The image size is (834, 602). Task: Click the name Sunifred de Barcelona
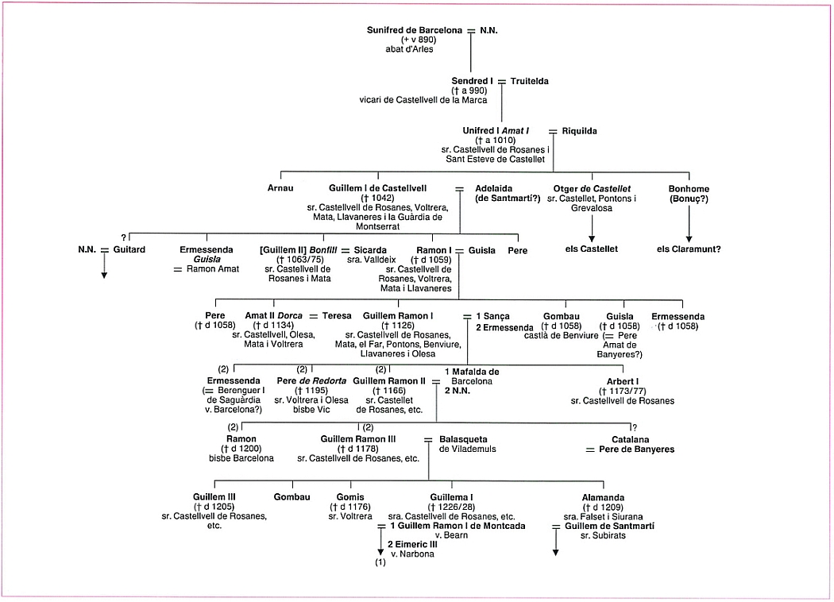click(x=414, y=30)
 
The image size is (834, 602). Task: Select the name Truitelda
click(x=530, y=81)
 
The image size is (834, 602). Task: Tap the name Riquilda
click(x=579, y=131)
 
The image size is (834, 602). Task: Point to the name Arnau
click(x=280, y=188)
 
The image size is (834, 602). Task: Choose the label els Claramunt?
click(x=689, y=249)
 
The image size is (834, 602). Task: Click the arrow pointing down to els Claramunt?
click(x=689, y=237)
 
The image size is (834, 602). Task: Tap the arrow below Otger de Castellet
click(x=591, y=237)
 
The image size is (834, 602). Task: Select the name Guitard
click(x=129, y=249)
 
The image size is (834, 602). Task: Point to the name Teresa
click(x=337, y=316)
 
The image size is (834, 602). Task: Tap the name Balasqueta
click(x=463, y=438)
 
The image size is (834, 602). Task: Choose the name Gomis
click(x=350, y=497)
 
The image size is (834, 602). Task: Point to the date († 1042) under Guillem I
click(x=377, y=198)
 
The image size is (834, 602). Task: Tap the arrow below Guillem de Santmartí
click(x=555, y=549)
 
